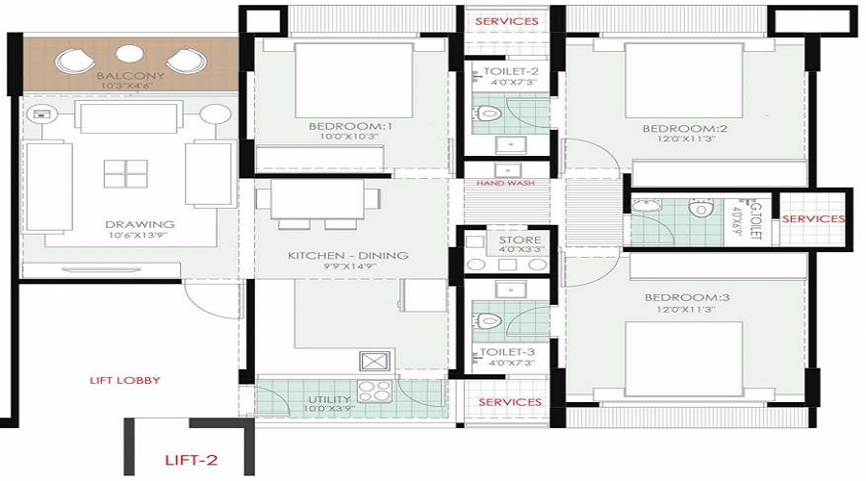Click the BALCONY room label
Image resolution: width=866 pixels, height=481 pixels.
[130, 76]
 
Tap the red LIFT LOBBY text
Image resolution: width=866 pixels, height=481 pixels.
[125, 380]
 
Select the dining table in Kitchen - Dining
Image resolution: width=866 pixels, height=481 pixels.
[318, 201]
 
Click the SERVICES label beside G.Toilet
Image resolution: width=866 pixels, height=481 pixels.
[813, 219]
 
